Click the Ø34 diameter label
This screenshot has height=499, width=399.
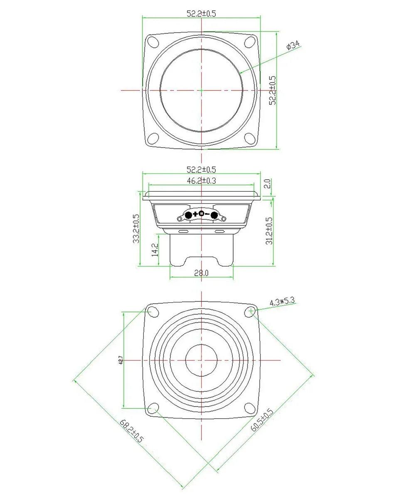click(293, 46)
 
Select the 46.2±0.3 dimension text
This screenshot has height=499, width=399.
click(201, 180)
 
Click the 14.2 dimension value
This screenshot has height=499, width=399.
click(155, 249)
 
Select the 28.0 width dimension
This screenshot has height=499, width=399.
click(201, 273)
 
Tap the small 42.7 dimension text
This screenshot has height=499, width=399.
click(120, 359)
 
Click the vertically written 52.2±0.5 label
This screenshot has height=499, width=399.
click(272, 90)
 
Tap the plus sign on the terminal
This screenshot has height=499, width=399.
click(195, 215)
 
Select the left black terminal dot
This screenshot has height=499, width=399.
click(188, 215)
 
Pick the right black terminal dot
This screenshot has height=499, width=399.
click(214, 215)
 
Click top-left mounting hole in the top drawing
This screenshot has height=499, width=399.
click(153, 42)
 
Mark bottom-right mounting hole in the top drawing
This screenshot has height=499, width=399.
click(250, 138)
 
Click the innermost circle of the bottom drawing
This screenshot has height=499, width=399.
click(201, 360)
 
